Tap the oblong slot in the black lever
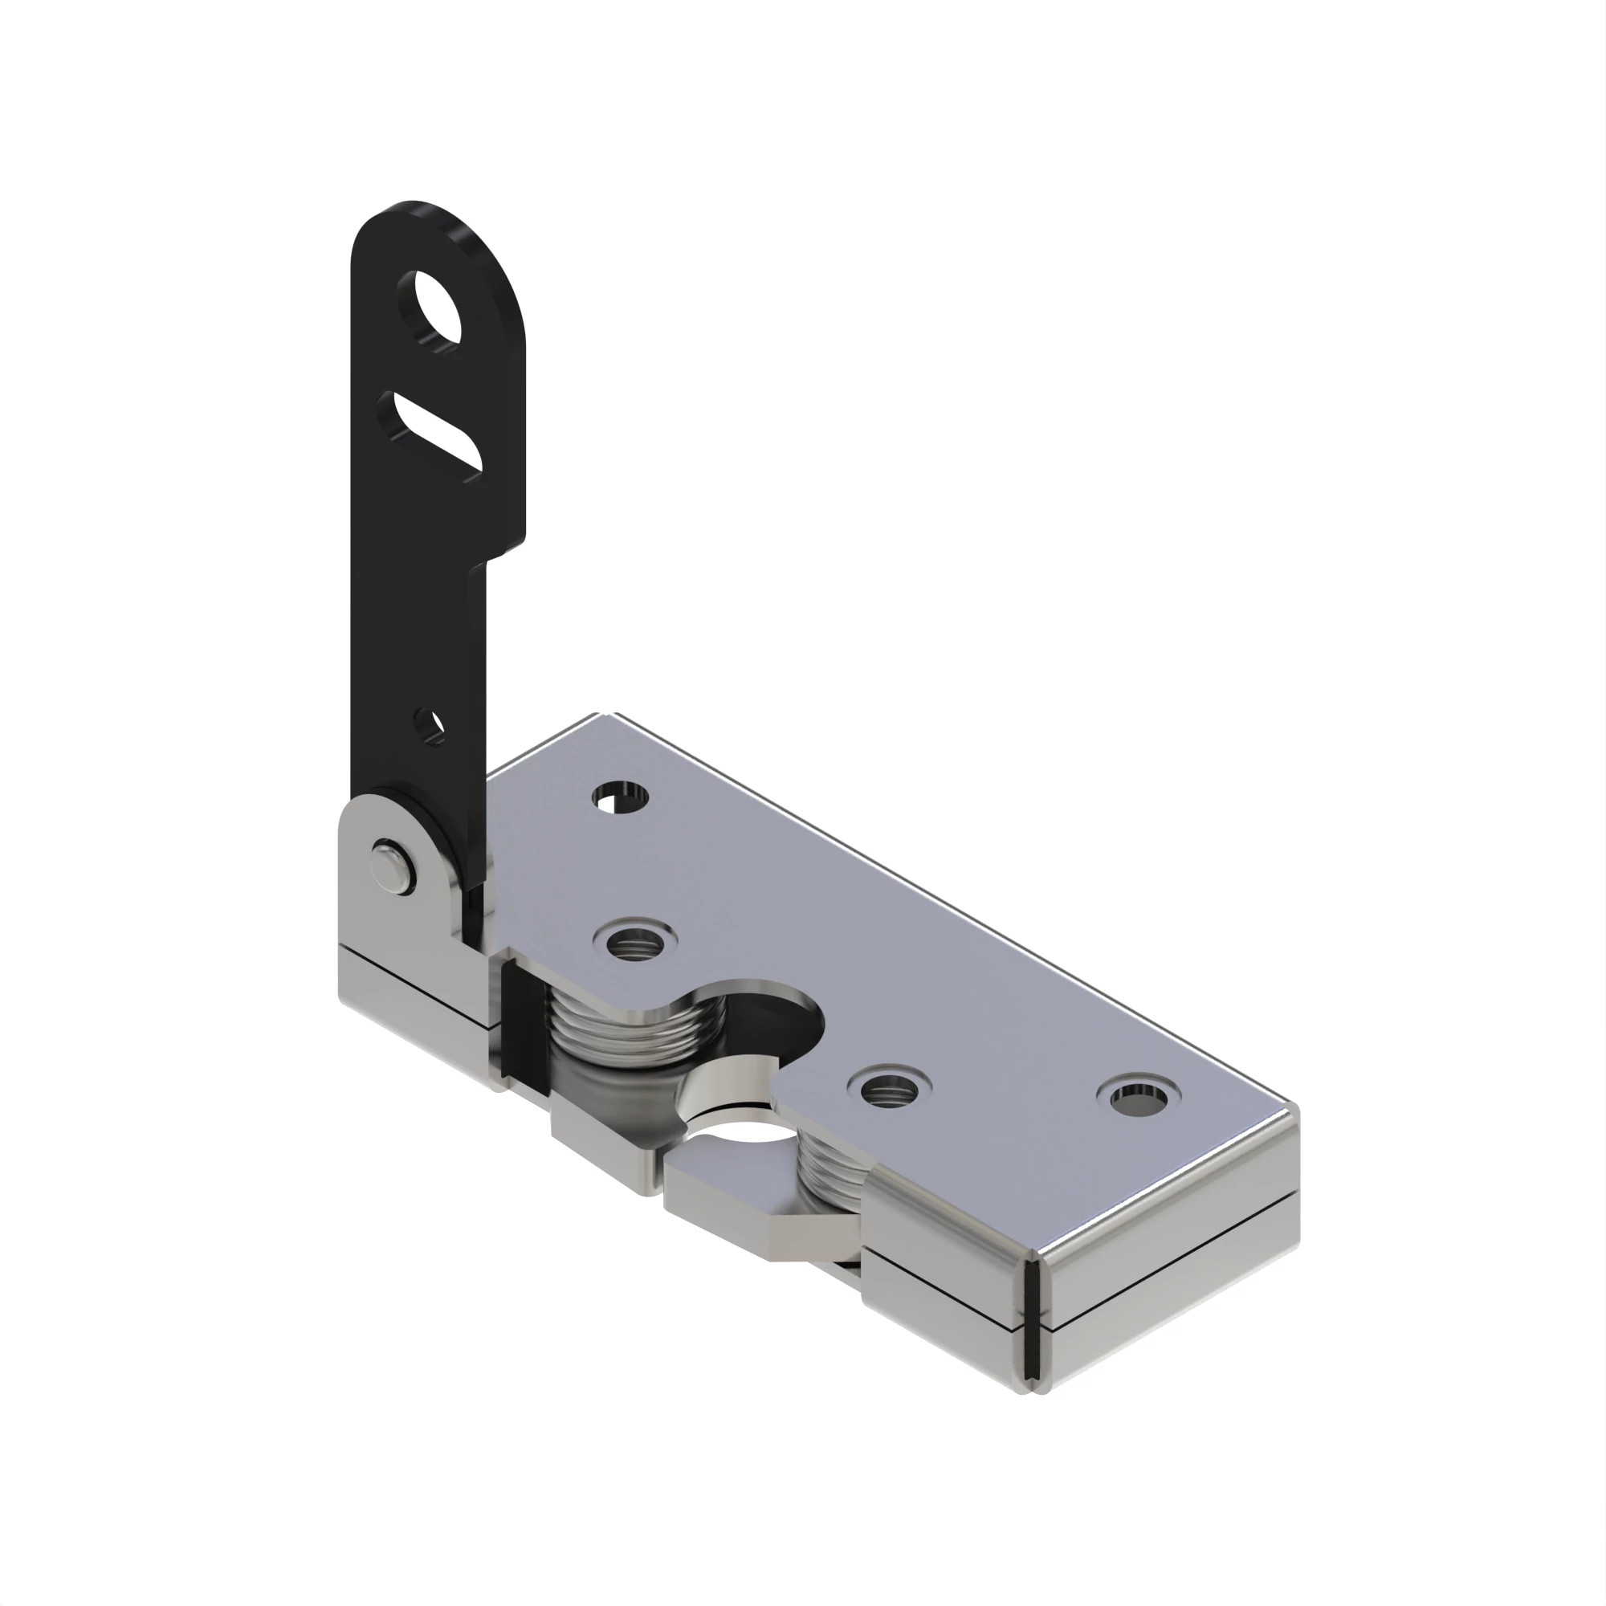click(438, 433)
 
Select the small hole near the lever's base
click(429, 724)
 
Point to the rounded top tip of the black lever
click(416, 210)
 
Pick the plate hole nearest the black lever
click(620, 798)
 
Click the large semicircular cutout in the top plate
click(773, 1018)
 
